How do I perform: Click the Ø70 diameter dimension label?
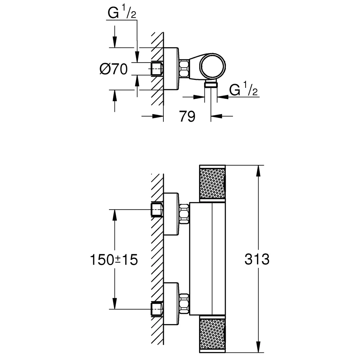(114, 69)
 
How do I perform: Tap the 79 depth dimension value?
(187, 116)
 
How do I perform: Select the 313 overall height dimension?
(257, 259)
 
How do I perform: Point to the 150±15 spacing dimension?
(114, 260)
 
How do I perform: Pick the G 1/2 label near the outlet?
(243, 89)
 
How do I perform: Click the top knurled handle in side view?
(212, 183)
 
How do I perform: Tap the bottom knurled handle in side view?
(212, 334)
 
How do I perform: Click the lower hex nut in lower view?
(184, 303)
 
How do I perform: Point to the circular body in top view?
(213, 67)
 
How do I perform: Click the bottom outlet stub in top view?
(211, 84)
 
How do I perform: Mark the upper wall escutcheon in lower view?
(171, 214)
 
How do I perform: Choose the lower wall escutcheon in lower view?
(171, 304)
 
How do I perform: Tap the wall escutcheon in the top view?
(171, 69)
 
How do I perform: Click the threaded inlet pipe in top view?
(157, 69)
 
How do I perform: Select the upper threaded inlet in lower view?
(157, 209)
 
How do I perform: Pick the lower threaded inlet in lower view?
(157, 309)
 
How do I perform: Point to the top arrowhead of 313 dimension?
(258, 171)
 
